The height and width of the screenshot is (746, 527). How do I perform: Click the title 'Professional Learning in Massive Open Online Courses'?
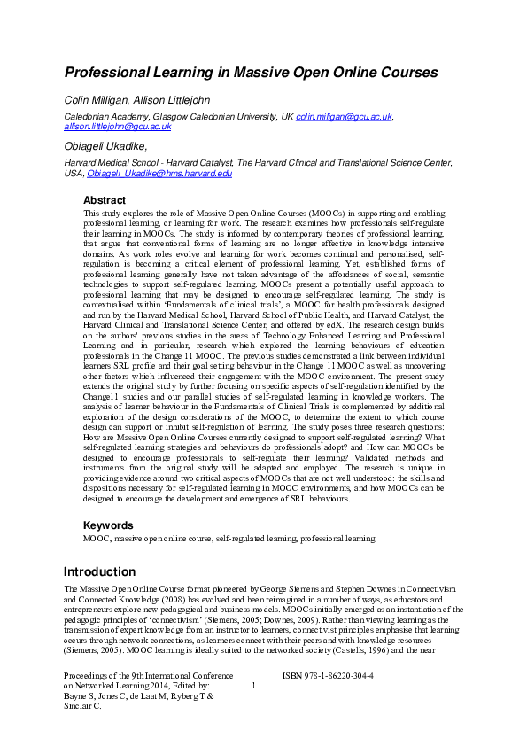251,71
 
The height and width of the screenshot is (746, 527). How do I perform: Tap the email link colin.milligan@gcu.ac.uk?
344,116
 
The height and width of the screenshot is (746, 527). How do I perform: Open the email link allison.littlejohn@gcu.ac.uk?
118,127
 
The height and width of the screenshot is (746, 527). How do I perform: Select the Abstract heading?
105,200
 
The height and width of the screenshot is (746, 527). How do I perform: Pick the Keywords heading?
107,525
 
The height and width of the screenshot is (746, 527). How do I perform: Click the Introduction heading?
100,571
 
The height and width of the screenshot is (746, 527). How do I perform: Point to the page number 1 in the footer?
254,686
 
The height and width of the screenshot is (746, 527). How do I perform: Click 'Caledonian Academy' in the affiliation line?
102,116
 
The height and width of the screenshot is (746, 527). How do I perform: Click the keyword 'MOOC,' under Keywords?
97,538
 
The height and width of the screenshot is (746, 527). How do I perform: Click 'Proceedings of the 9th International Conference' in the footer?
151,675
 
